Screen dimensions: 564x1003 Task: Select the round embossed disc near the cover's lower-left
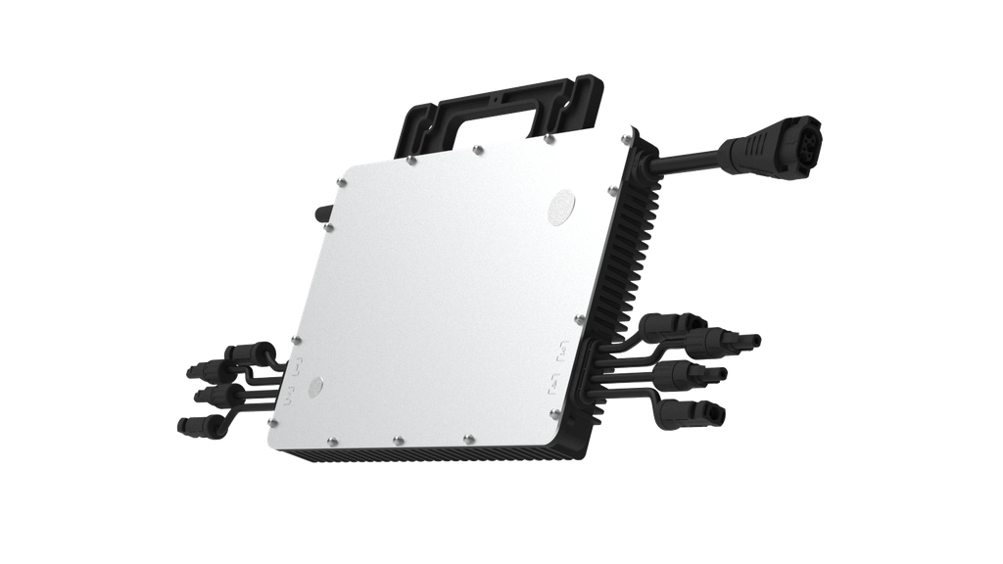pyautogui.click(x=315, y=387)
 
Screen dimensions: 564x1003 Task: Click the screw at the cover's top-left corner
pyautogui.click(x=342, y=180)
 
